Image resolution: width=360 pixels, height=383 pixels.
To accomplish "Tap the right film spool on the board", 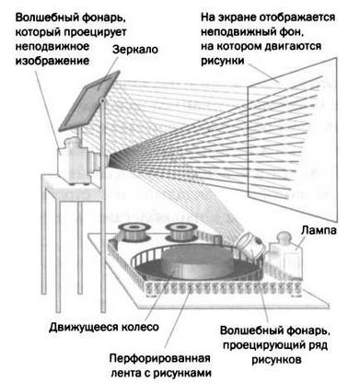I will [180, 230].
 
